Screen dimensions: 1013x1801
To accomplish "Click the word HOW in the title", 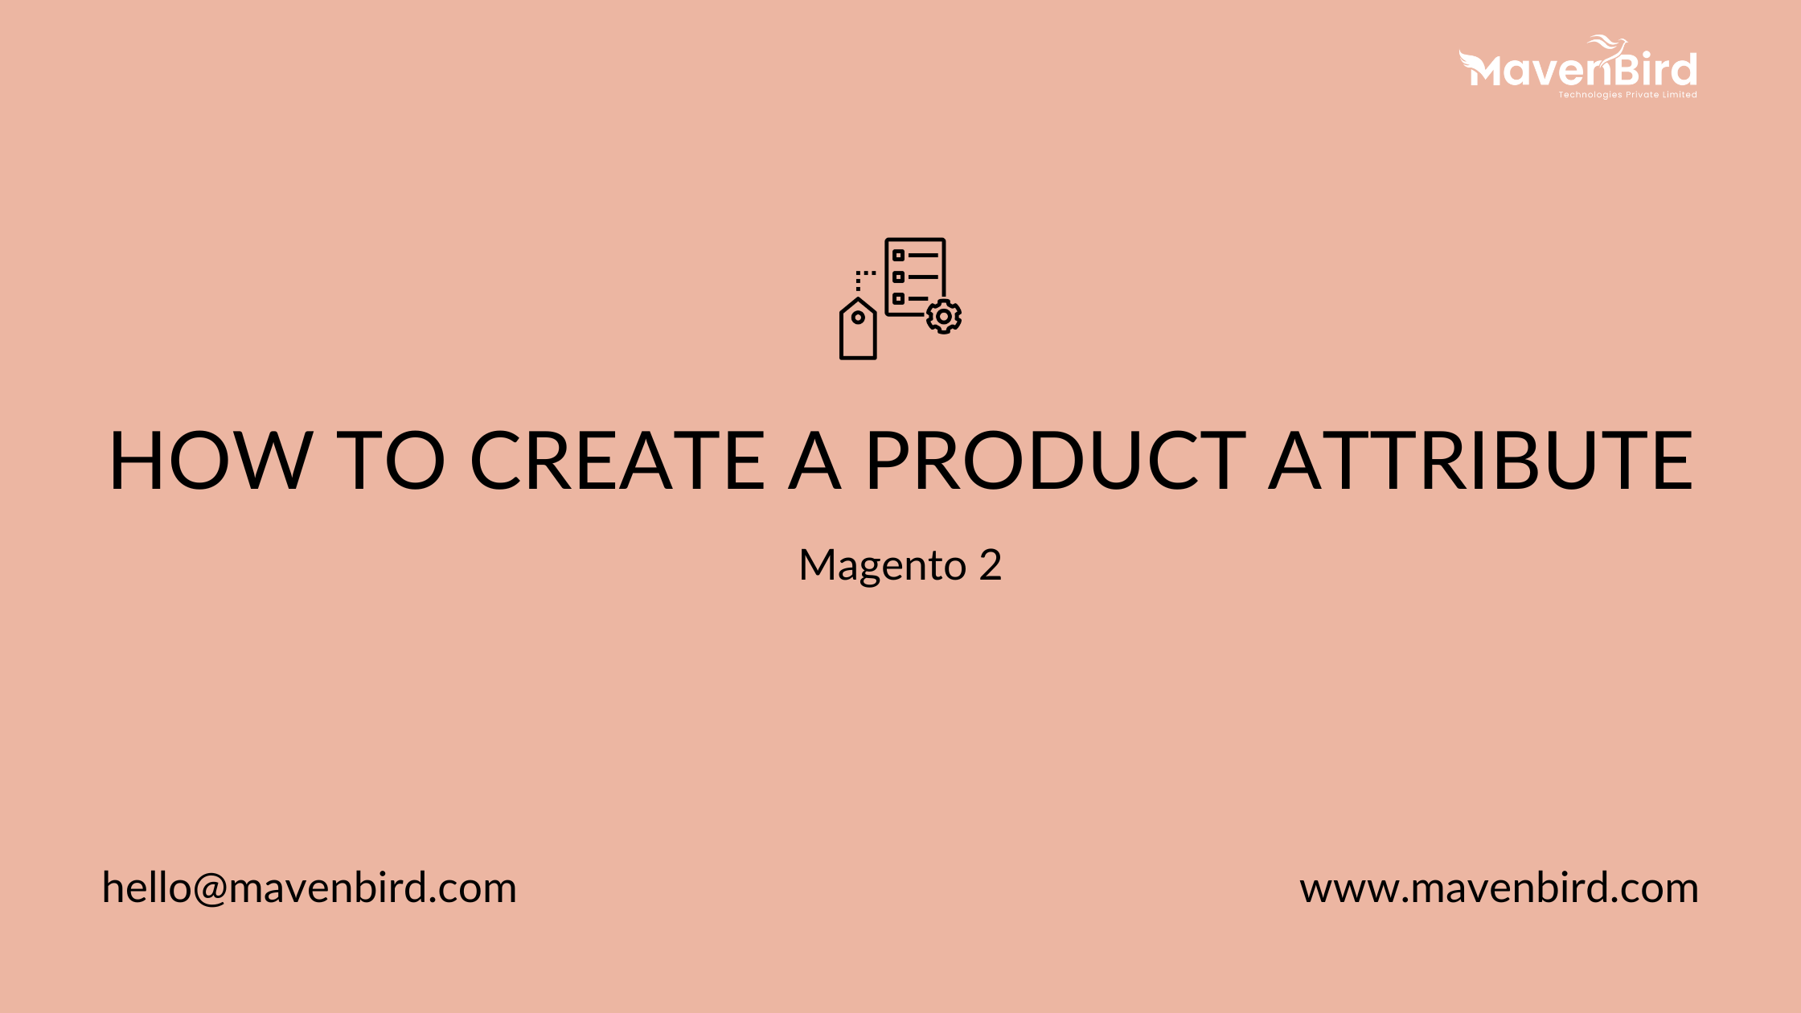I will (211, 461).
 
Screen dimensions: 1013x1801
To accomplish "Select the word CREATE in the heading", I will (617, 461).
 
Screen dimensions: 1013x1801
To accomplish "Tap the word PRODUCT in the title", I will (1055, 461).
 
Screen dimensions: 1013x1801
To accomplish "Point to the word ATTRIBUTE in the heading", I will (1480, 461).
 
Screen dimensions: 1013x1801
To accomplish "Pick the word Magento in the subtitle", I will (882, 565).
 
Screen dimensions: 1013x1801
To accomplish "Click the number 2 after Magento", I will (991, 564).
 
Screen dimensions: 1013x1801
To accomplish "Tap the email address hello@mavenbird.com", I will (310, 888).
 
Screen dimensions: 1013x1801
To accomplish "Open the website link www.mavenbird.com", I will (1499, 888).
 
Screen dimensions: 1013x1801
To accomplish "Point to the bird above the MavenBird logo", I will (1606, 43).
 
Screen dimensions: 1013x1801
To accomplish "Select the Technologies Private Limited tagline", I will (1627, 95).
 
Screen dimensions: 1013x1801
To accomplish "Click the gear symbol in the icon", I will (943, 317).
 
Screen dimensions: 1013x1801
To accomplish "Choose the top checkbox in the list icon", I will (899, 256).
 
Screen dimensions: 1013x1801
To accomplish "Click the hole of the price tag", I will (858, 318).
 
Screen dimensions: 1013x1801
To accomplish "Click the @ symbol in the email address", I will (210, 889).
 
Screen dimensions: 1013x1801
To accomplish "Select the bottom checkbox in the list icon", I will (899, 298).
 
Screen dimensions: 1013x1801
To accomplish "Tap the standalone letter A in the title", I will (814, 461).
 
